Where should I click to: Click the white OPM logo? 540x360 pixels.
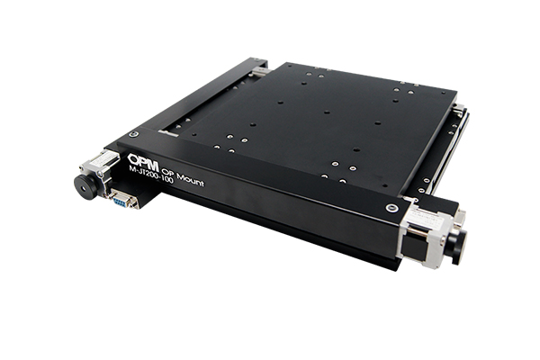click(x=143, y=162)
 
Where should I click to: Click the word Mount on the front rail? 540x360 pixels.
click(x=190, y=180)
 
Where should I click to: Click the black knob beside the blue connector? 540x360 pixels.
click(x=86, y=186)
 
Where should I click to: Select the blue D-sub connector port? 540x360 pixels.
click(x=122, y=199)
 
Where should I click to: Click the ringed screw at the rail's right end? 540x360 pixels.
click(x=391, y=208)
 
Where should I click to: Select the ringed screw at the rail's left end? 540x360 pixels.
click(x=133, y=134)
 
